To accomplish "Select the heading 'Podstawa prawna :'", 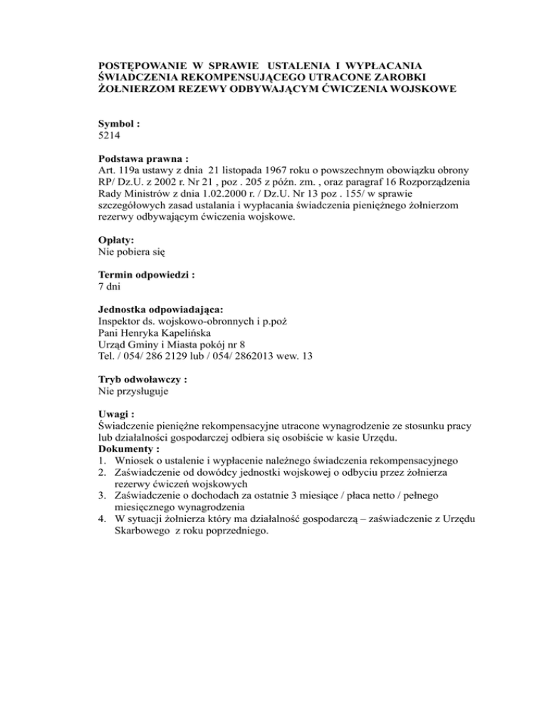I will [x=142, y=159].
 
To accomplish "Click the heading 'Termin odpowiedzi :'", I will [x=146, y=274].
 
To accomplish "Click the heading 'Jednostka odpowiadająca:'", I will [x=160, y=309].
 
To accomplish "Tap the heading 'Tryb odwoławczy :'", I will [x=142, y=379].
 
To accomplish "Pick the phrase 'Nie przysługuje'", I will [x=132, y=390].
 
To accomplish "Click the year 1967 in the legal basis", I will [x=273, y=170].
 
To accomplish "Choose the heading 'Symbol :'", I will [x=118, y=123].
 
